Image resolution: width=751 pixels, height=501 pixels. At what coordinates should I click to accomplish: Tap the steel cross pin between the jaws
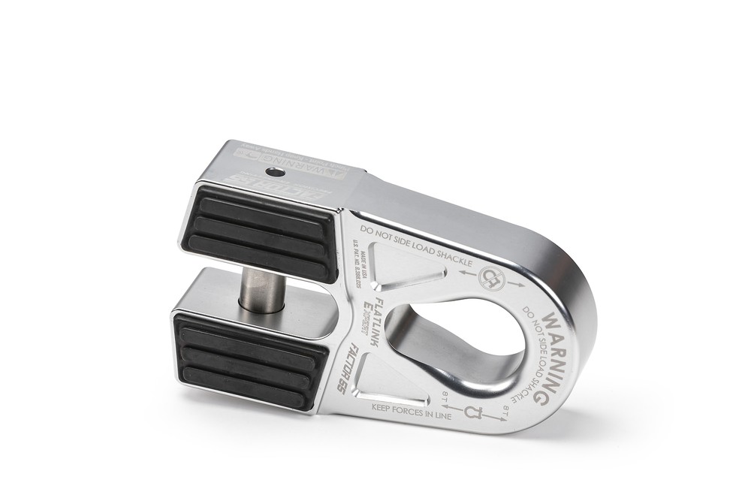(262, 288)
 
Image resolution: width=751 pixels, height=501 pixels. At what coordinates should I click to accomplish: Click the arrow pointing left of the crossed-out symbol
(466, 272)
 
